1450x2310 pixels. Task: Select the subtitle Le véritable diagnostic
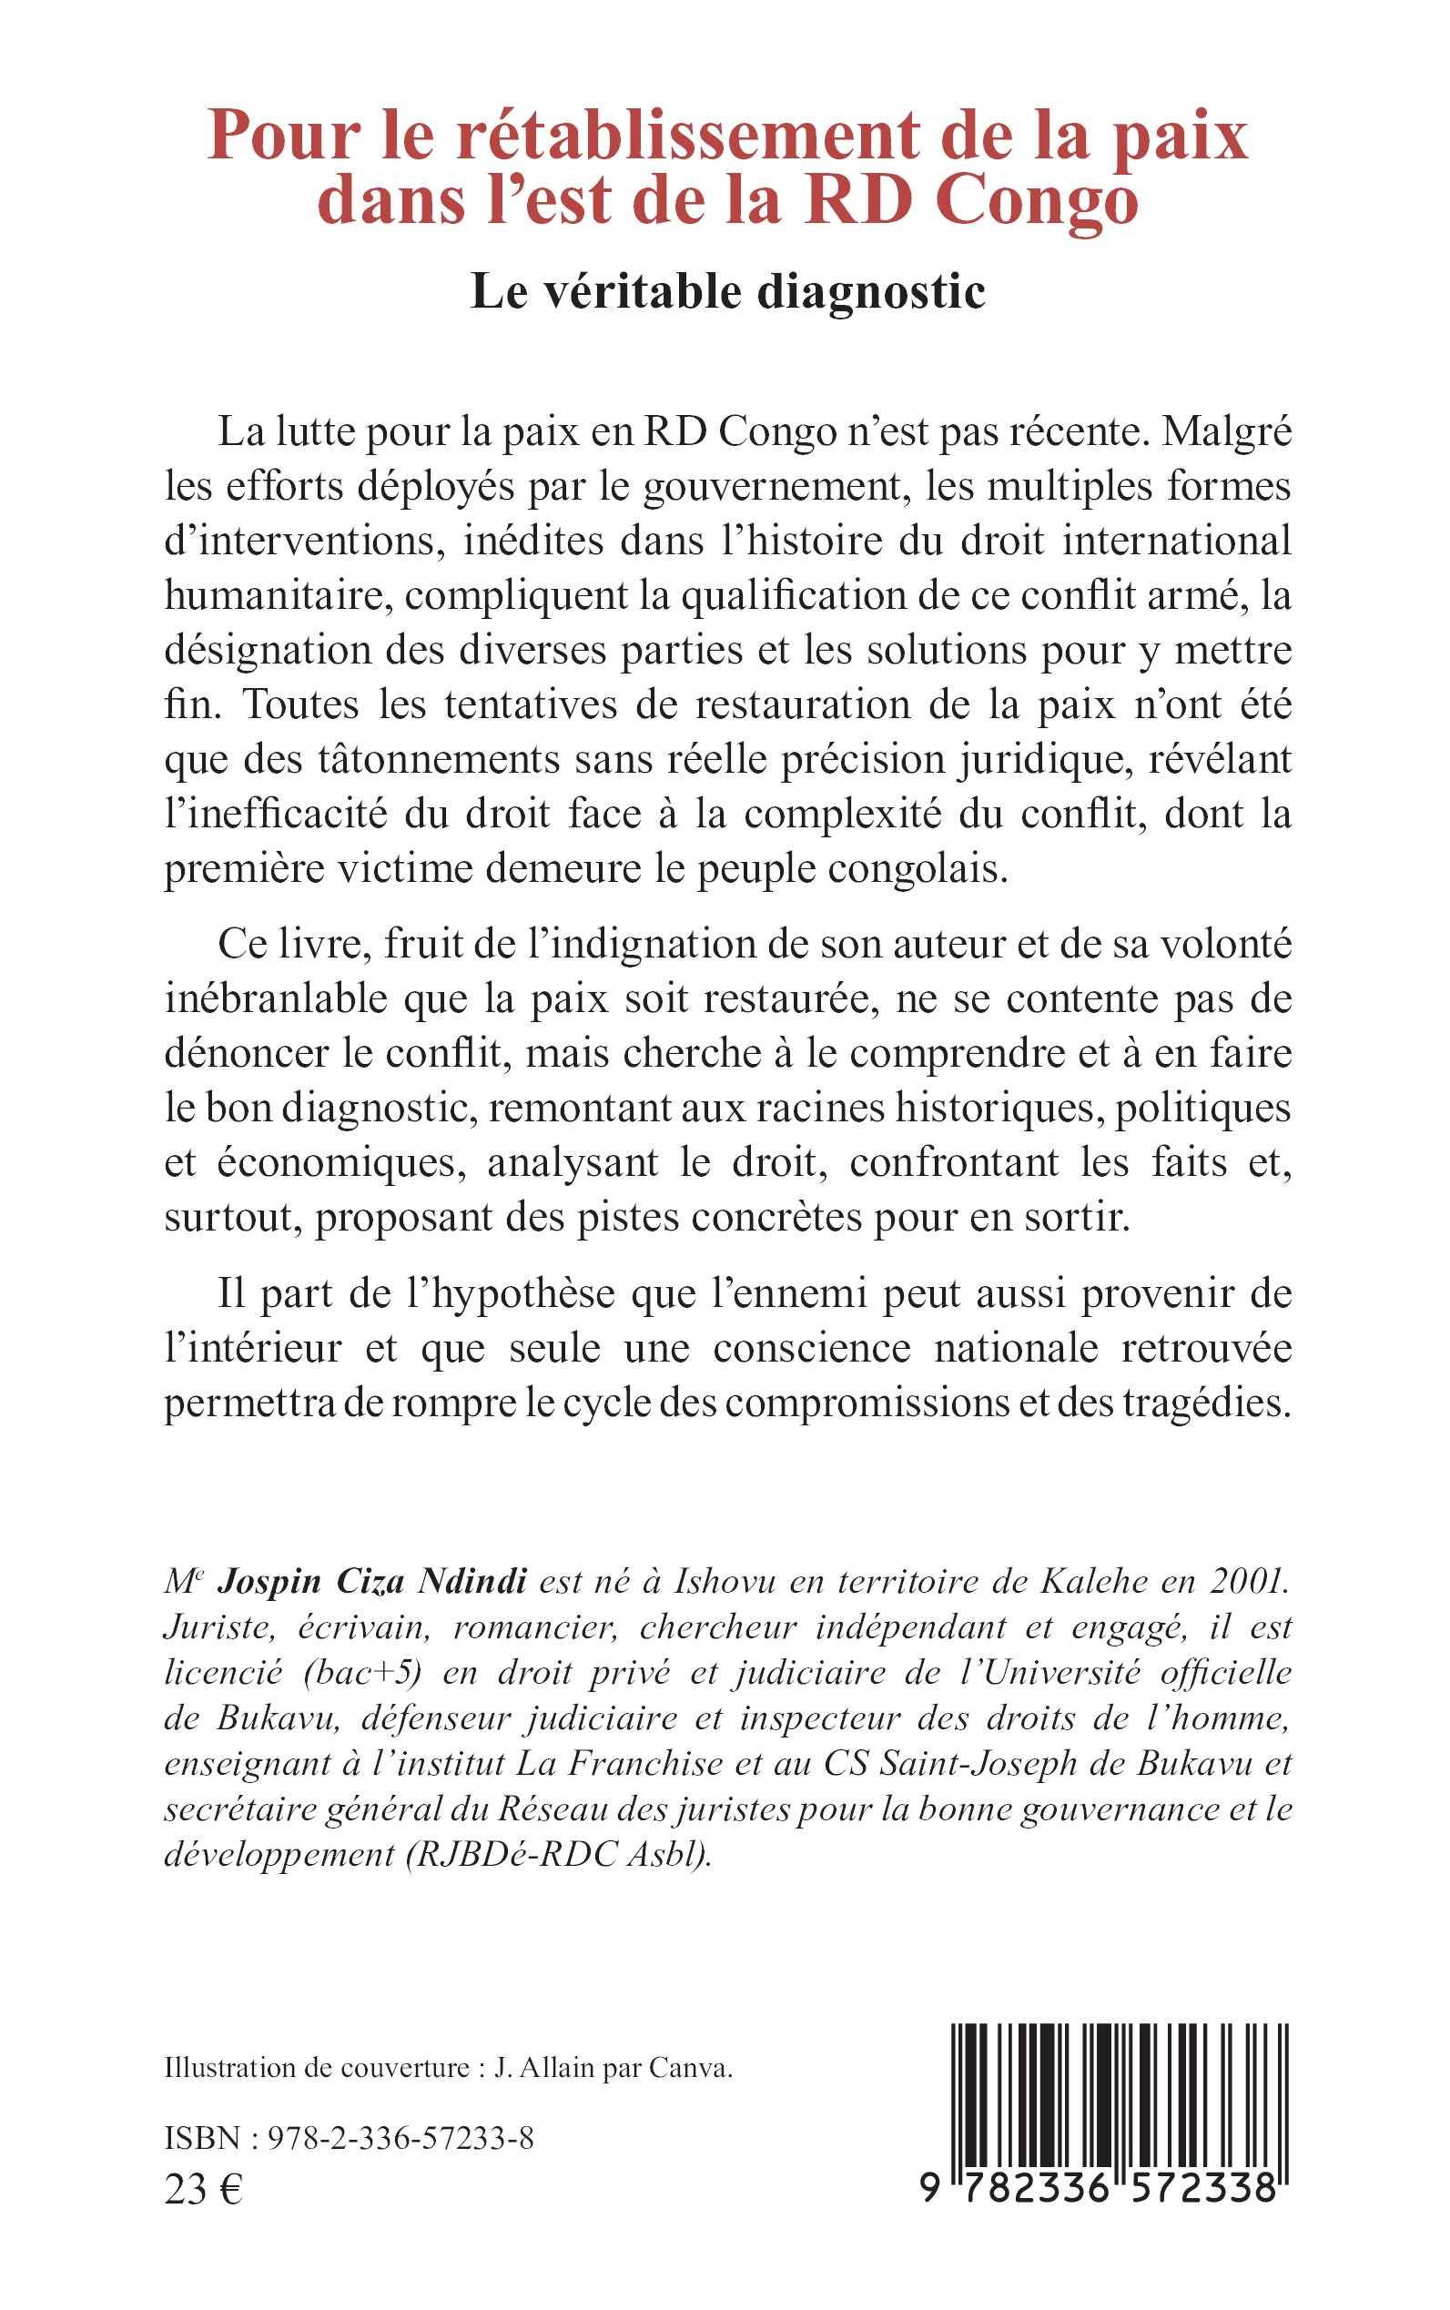(x=728, y=291)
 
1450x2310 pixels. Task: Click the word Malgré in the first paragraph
(x=1227, y=433)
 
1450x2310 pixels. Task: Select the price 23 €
(x=203, y=2189)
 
